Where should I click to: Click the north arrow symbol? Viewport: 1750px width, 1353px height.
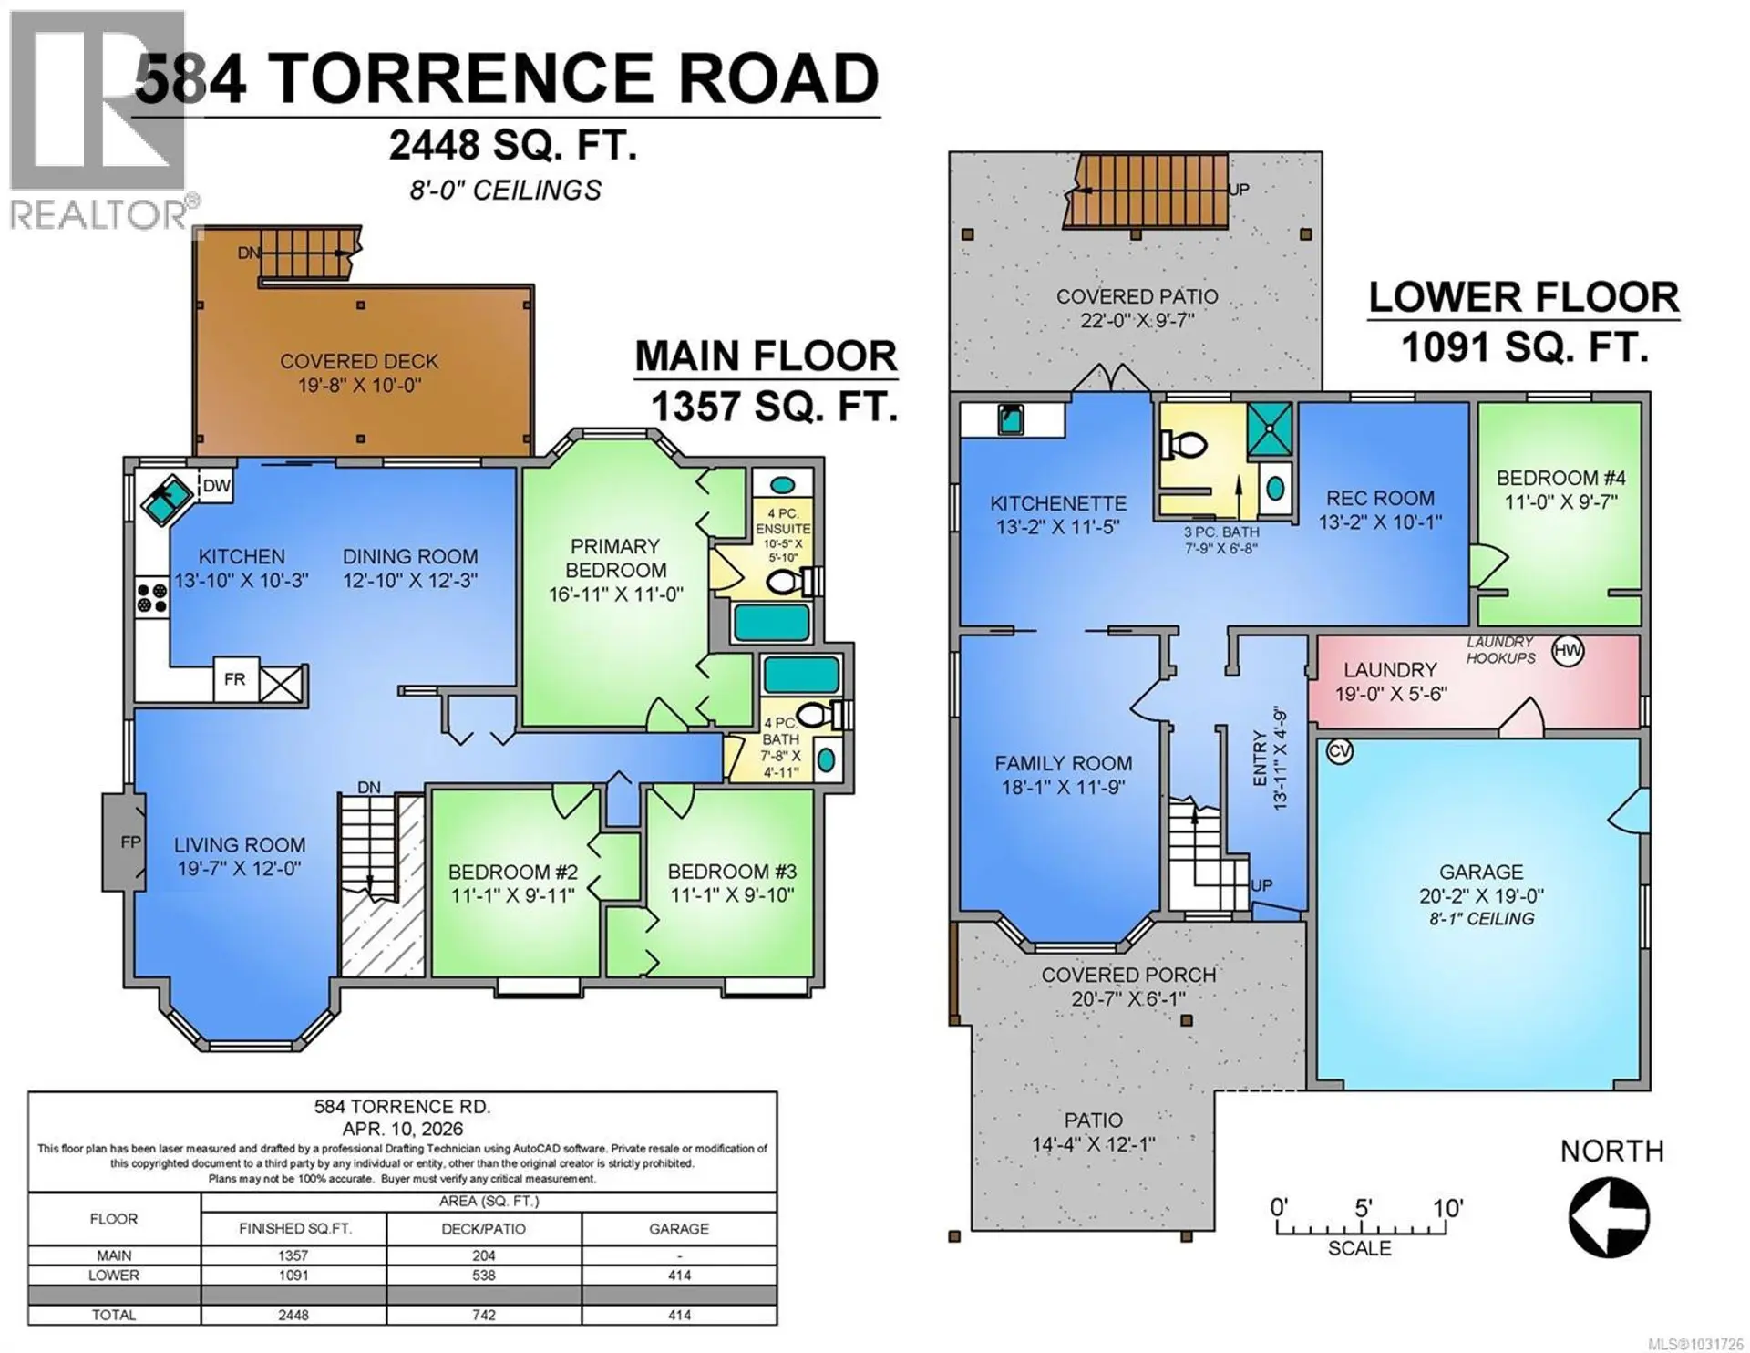(1609, 1217)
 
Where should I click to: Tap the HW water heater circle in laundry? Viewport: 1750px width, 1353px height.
(1568, 651)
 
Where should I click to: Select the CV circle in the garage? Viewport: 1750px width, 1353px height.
(1339, 752)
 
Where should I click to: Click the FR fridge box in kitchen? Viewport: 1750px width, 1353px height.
(235, 679)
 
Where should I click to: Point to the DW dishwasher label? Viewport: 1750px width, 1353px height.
(217, 486)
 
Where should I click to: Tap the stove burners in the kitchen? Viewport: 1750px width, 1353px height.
(152, 598)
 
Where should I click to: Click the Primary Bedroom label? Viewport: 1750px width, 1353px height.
(615, 558)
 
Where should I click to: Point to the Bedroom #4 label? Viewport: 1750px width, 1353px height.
(1560, 478)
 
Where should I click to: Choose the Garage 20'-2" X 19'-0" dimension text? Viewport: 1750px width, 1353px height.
(1481, 896)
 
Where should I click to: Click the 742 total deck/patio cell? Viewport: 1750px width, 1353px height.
(483, 1315)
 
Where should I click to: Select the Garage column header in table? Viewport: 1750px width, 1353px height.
(678, 1229)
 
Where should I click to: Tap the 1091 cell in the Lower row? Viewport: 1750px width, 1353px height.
(293, 1276)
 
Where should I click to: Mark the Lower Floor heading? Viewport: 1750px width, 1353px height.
(1523, 298)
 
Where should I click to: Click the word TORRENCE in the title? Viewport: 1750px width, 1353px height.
(463, 78)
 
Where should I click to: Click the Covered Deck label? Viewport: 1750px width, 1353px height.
(359, 361)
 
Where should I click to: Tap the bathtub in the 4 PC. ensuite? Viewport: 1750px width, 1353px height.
(772, 623)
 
